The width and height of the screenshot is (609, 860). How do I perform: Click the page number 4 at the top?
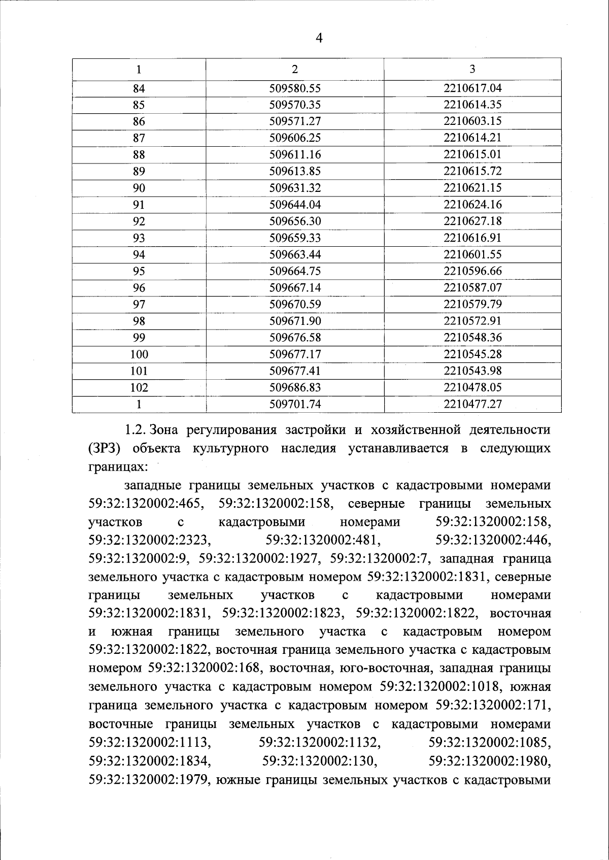[x=319, y=39]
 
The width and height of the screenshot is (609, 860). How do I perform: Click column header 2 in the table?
[x=295, y=69]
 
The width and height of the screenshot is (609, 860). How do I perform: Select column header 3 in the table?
[x=472, y=69]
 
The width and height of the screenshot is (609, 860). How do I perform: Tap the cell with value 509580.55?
[x=295, y=88]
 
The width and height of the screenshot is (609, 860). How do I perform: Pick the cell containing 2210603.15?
[x=472, y=121]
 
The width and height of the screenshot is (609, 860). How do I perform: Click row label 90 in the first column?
[x=139, y=188]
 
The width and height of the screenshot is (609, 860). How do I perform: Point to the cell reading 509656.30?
[x=295, y=221]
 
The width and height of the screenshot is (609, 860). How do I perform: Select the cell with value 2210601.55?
[x=472, y=254]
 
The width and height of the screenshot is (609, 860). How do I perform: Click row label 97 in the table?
[x=139, y=305]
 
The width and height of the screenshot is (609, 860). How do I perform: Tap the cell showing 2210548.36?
[x=472, y=338]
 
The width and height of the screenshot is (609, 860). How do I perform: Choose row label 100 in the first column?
[x=139, y=354]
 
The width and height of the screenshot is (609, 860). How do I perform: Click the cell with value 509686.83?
[x=295, y=387]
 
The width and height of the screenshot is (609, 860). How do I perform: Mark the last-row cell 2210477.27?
[x=472, y=404]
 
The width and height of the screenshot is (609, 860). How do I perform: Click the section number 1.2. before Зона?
[x=136, y=431]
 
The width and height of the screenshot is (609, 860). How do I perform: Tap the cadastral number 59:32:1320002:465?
[x=147, y=504]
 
